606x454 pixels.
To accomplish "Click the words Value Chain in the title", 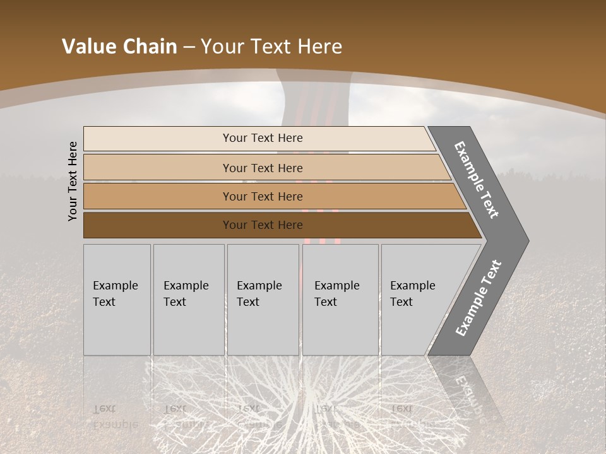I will pyautogui.click(x=119, y=47).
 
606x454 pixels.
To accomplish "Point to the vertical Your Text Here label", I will pyautogui.click(x=73, y=181).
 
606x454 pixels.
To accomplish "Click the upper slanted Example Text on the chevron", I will pyautogui.click(x=477, y=180).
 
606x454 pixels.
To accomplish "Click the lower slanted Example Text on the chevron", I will pyautogui.click(x=478, y=298).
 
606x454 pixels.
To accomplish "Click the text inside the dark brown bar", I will pyautogui.click(x=263, y=225).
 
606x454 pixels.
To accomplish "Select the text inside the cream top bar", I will pyautogui.click(x=263, y=138).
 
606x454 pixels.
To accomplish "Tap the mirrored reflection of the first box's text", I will pyautogui.click(x=115, y=416).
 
